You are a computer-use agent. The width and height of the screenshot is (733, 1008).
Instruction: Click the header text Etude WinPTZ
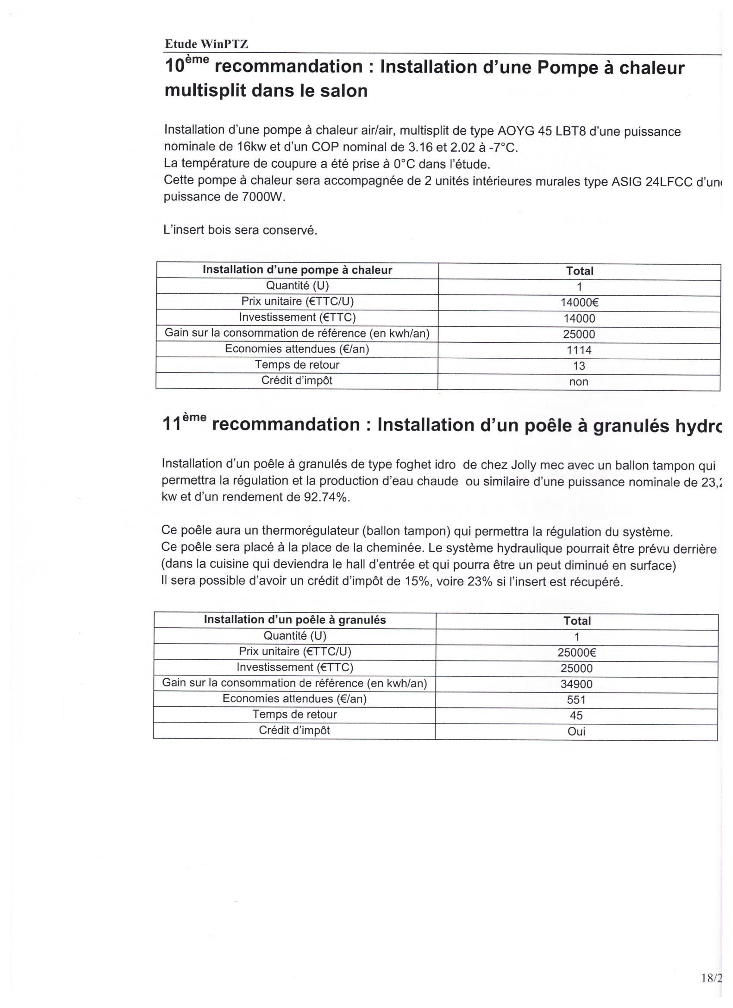click(206, 44)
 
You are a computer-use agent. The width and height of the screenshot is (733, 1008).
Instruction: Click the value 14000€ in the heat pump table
click(579, 303)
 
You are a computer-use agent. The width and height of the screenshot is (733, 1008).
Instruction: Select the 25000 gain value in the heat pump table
click(579, 334)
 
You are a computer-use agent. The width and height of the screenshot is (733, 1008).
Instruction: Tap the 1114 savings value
click(579, 350)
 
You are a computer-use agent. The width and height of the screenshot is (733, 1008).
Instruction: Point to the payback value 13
click(579, 366)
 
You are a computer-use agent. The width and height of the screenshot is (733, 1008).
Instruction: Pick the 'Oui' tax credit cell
click(576, 732)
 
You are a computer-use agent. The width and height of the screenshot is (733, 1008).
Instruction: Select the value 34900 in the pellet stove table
click(576, 684)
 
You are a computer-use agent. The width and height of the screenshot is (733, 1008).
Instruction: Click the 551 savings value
click(576, 700)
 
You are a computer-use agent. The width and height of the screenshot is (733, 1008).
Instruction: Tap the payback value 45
click(576, 716)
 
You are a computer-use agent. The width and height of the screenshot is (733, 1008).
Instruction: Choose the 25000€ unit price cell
click(576, 652)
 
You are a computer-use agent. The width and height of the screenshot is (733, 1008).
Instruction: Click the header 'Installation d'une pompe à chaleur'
click(298, 270)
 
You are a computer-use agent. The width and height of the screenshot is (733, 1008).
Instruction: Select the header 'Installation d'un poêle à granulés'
click(295, 620)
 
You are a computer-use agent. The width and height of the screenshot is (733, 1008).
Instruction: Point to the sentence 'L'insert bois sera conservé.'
click(241, 230)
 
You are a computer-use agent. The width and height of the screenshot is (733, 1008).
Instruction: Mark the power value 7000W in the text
click(263, 197)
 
